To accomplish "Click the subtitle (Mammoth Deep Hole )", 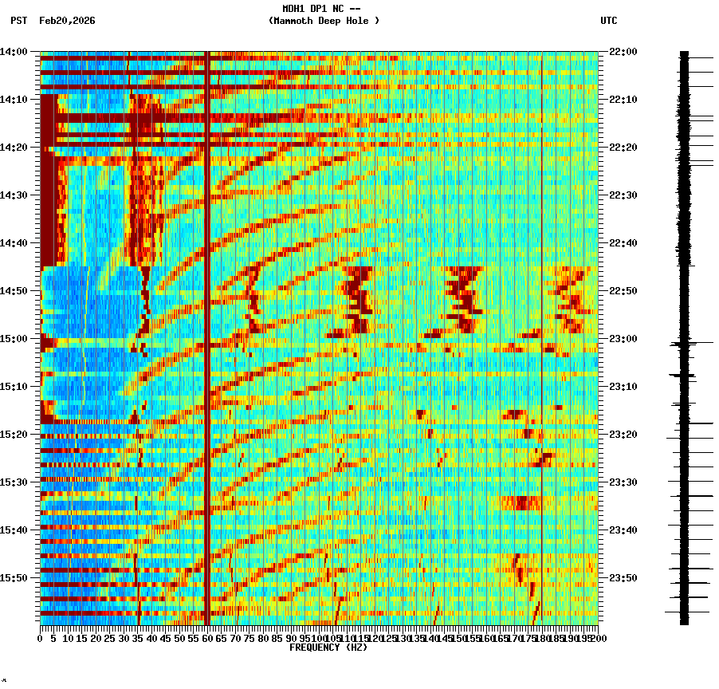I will pos(324,21).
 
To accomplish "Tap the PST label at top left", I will pos(19,21).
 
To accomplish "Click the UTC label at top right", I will pos(608,21).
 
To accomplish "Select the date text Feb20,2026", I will pos(67,21).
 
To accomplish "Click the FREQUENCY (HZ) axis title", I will pos(328,648).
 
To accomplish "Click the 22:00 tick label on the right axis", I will pos(623,52).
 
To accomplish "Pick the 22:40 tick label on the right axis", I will pos(623,243).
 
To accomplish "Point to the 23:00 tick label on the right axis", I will pos(623,339).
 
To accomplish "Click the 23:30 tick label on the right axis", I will pos(623,482).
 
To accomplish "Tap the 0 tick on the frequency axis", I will pos(41,638).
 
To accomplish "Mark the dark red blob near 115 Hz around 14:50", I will pos(357,299).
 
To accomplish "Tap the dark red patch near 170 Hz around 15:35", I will pos(522,502).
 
